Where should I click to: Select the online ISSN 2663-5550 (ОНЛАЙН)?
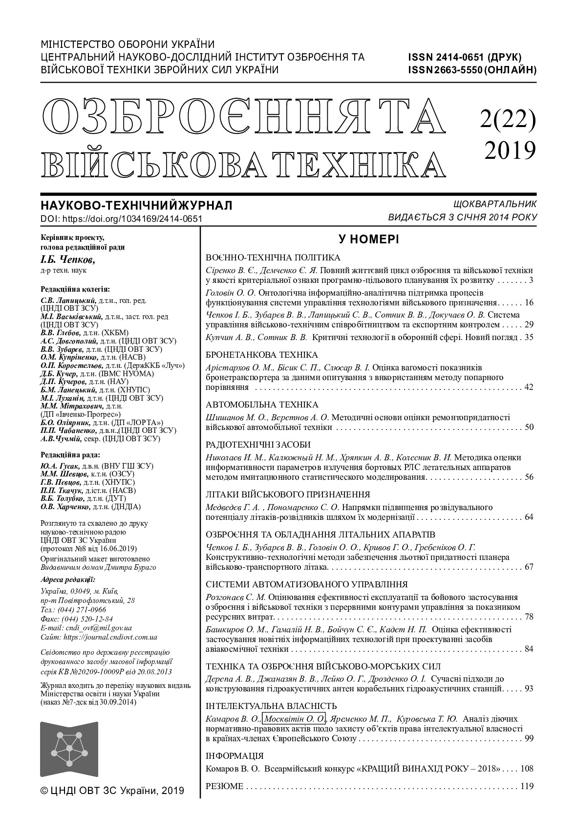pyautogui.click(x=472, y=69)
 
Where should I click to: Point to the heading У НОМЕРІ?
pyautogui.click(x=368, y=239)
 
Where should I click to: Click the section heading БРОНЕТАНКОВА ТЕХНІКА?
pyautogui.click(x=261, y=355)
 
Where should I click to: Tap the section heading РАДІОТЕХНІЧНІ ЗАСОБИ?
pyautogui.click(x=258, y=445)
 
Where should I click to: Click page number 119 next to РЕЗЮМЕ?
pyautogui.click(x=527, y=786)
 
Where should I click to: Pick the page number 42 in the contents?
pyautogui.click(x=528, y=387)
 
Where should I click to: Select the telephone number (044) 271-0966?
pyautogui.click(x=82, y=610)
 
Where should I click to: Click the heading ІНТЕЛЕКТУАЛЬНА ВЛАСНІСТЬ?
pyautogui.click(x=271, y=706)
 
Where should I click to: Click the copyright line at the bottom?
pyautogui.click(x=112, y=791)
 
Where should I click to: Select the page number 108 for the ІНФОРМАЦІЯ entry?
pyautogui.click(x=527, y=769)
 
